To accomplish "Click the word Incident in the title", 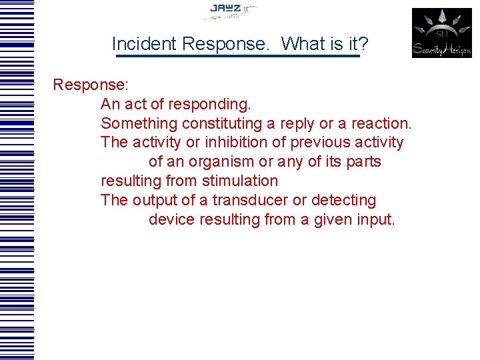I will [144, 44].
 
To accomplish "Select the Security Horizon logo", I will [441, 33].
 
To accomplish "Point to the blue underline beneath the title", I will [237, 57].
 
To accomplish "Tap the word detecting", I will [345, 200].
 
